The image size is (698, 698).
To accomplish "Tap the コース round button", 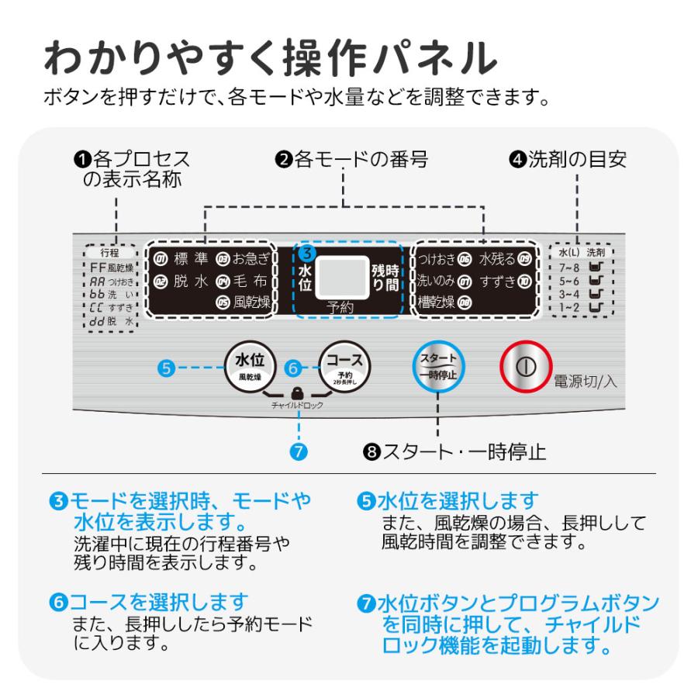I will pyautogui.click(x=344, y=365).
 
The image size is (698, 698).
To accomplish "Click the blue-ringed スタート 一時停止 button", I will pyautogui.click(x=437, y=366).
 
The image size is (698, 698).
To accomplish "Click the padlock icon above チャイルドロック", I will pyautogui.click(x=297, y=393).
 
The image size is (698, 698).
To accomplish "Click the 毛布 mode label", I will pyautogui.click(x=251, y=281).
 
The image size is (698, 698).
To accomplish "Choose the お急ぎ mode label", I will pyautogui.click(x=251, y=258).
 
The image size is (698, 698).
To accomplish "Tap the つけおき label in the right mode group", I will pyautogui.click(x=437, y=258).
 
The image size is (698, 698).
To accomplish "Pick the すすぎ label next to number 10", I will pyautogui.click(x=498, y=281).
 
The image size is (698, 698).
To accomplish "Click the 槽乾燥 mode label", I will pyautogui.click(x=436, y=302).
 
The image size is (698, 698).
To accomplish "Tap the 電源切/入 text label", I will pyautogui.click(x=584, y=381).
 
